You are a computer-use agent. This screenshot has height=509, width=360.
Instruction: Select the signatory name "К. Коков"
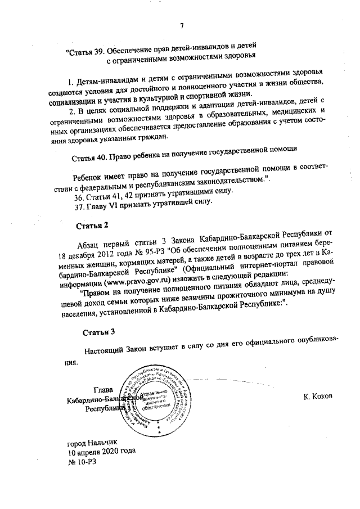318,397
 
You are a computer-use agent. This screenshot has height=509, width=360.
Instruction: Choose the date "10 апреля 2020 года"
101,452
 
